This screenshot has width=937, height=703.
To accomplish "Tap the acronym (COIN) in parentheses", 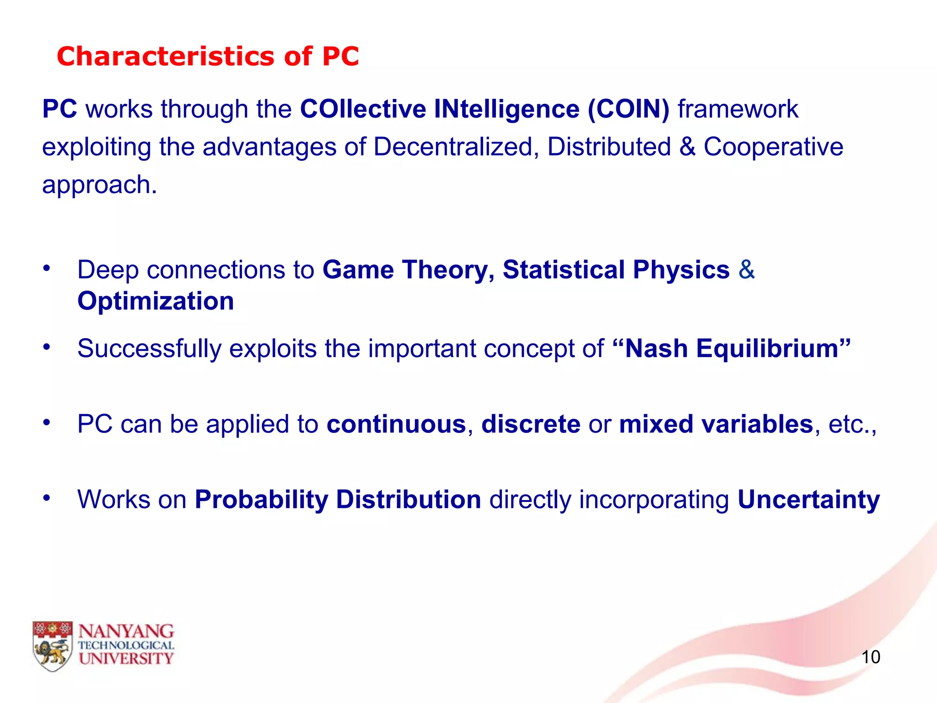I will (628, 109).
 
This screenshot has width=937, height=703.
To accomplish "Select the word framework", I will (738, 109).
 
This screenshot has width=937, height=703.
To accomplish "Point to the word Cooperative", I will (773, 147).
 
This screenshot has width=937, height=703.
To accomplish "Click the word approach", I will (99, 185).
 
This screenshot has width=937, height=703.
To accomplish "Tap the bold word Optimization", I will (156, 301).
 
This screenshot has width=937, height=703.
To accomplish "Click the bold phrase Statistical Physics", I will (616, 270).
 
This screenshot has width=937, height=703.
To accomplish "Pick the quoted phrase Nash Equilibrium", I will (731, 349).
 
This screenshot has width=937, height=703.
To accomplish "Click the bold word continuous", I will (396, 424).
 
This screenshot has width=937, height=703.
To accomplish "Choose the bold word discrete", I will (531, 424).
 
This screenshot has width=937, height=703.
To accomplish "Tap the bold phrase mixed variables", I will (716, 424).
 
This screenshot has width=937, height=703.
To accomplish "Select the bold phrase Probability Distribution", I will (338, 499).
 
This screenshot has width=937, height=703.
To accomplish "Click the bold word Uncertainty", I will (808, 499).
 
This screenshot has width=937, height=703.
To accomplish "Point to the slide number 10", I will (870, 657).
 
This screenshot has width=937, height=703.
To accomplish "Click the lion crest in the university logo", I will (53, 646).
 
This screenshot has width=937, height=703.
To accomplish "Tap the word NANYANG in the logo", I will (126, 632).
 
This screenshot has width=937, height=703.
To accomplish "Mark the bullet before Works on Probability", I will (46, 498).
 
